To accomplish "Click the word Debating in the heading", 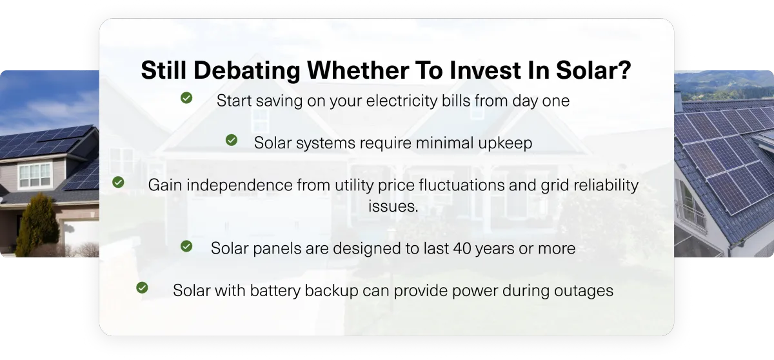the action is (x=246, y=71).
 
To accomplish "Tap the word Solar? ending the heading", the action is (x=593, y=70).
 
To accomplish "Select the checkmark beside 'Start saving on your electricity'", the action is (x=186, y=98).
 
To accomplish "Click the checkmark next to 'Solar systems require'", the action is (x=231, y=140).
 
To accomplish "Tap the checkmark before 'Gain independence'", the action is (x=118, y=182).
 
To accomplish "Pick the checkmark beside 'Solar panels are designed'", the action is (x=186, y=246).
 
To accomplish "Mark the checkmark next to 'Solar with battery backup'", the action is (x=142, y=288).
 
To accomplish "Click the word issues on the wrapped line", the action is (x=393, y=206).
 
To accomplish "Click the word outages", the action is (x=584, y=291).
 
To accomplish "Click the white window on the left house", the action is (x=35, y=175).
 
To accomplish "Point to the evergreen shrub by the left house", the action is (x=37, y=225).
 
